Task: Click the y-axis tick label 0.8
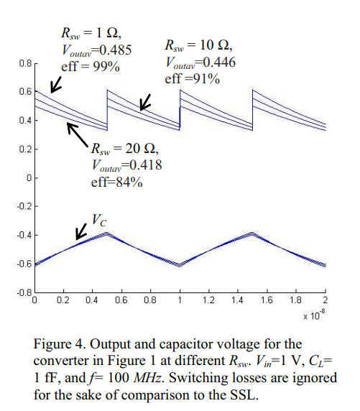(25, 63)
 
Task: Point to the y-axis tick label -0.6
(24, 264)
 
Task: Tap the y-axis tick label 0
(29, 178)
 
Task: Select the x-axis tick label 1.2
(208, 300)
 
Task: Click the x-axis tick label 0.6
(121, 300)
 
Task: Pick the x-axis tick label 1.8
(296, 300)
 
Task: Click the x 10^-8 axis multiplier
(314, 315)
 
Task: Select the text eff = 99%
(91, 66)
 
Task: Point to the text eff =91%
(192, 78)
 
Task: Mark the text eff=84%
(116, 182)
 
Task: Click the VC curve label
(99, 221)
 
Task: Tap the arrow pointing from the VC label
(81, 231)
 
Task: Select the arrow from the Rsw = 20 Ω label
(78, 134)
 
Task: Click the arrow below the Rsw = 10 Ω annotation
(145, 103)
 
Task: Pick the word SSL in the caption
(244, 395)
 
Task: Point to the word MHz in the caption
(147, 378)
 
